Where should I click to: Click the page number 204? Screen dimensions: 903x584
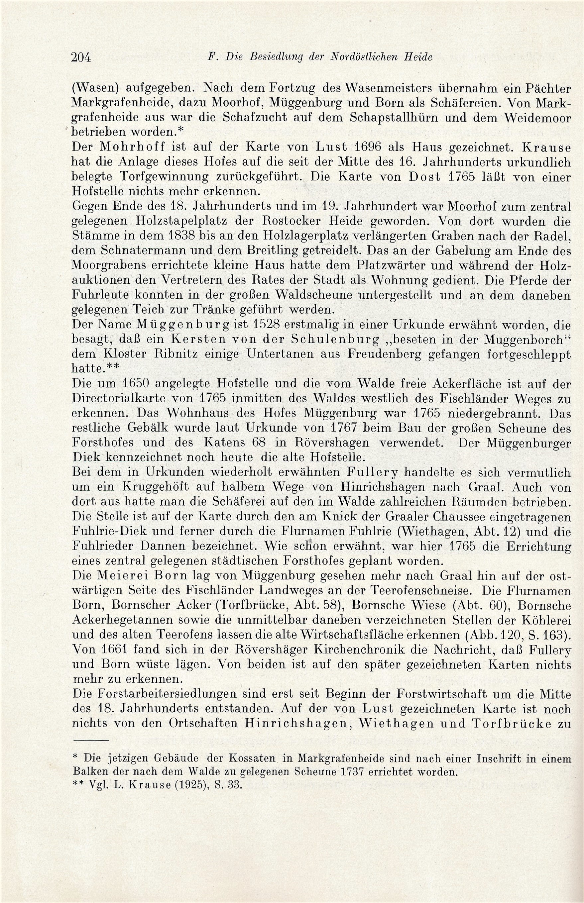coord(81,57)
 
